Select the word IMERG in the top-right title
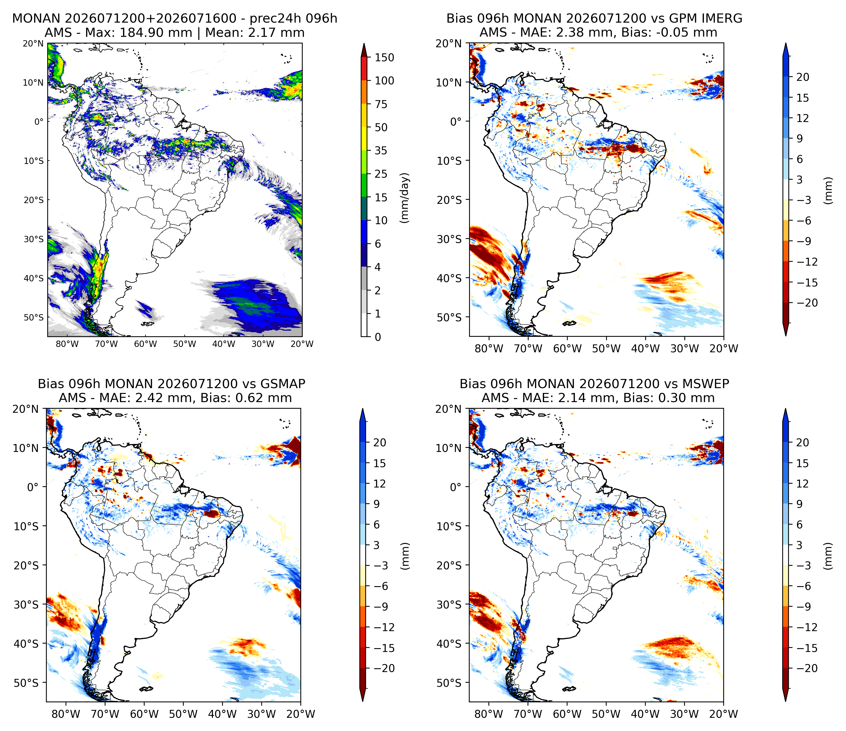point(722,18)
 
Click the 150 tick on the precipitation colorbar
point(384,58)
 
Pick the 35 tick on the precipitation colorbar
point(381,151)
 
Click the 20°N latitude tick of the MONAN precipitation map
point(33,43)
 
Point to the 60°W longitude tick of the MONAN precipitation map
point(145,344)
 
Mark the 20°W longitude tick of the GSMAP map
point(301,714)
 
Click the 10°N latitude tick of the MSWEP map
point(449,448)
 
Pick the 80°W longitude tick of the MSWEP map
point(489,714)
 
